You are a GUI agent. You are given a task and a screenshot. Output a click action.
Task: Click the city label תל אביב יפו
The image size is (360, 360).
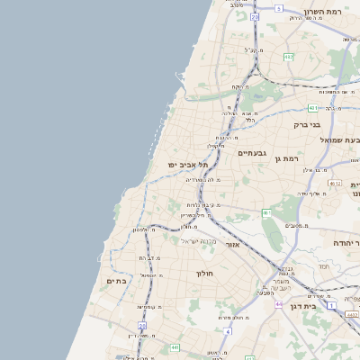pyautogui.click(x=187, y=166)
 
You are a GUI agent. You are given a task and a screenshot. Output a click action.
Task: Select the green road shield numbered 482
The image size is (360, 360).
pyautogui.click(x=288, y=57)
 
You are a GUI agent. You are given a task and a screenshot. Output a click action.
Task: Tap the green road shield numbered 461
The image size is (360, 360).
pyautogui.click(x=267, y=213)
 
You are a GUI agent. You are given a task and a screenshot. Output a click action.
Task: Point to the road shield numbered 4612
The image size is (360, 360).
pyautogui.click(x=335, y=183)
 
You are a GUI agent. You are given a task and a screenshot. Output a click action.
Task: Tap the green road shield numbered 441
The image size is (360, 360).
pyautogui.click(x=174, y=346)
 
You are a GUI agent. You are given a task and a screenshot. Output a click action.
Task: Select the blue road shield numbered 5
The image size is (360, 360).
pyautogui.click(x=279, y=8)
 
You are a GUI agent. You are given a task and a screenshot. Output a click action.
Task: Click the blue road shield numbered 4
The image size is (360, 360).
pyautogui.click(x=228, y=331)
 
